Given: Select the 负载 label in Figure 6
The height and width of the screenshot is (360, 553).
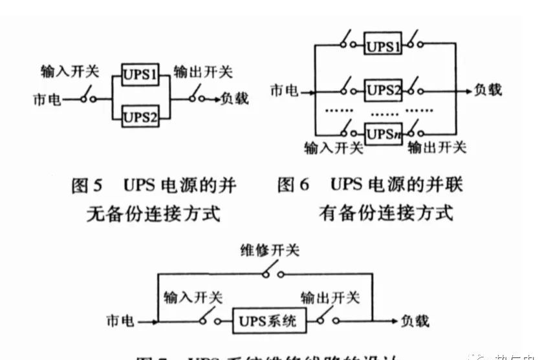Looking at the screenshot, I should [x=486, y=90].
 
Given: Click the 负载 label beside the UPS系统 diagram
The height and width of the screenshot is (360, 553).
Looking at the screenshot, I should [x=414, y=321].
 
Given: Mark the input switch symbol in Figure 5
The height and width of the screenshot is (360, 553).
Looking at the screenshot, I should [x=89, y=97].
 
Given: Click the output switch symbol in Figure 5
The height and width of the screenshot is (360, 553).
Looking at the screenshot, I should [x=197, y=97].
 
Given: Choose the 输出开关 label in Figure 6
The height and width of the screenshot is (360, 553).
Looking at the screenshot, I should [x=437, y=148].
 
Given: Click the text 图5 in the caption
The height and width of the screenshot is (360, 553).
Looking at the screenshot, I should [x=87, y=186].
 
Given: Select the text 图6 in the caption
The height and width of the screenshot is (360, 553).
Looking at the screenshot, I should [x=294, y=186].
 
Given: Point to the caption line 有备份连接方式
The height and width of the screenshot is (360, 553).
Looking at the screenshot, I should [x=386, y=213].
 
